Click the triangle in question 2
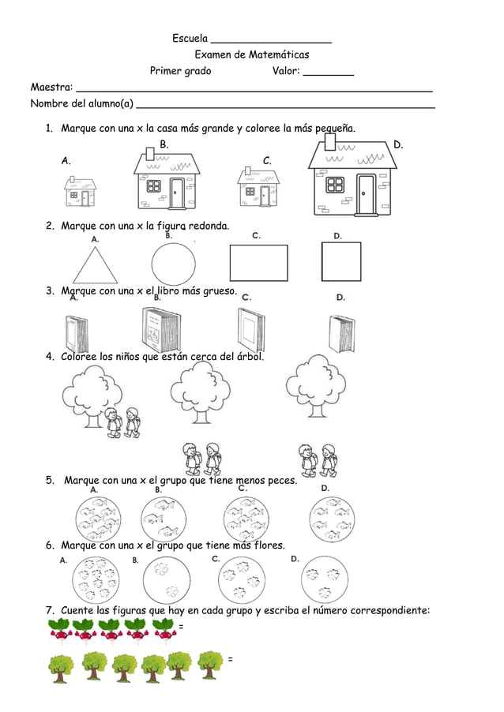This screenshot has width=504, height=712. [95, 267]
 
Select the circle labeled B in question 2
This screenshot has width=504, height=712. [173, 263]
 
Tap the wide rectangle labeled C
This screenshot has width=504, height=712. [259, 263]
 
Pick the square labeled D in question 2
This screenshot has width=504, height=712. [341, 262]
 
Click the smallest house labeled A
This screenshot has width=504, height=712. [81, 192]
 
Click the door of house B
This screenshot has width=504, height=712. [177, 193]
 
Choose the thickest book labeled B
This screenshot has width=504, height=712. [162, 330]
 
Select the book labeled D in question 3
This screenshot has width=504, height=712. [342, 334]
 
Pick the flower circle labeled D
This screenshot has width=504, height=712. [324, 579]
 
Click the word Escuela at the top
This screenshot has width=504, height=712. [190, 39]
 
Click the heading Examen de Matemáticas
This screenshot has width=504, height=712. [252, 54]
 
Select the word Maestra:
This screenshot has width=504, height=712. [51, 87]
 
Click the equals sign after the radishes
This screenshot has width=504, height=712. [182, 627]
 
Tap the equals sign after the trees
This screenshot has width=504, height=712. [230, 659]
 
